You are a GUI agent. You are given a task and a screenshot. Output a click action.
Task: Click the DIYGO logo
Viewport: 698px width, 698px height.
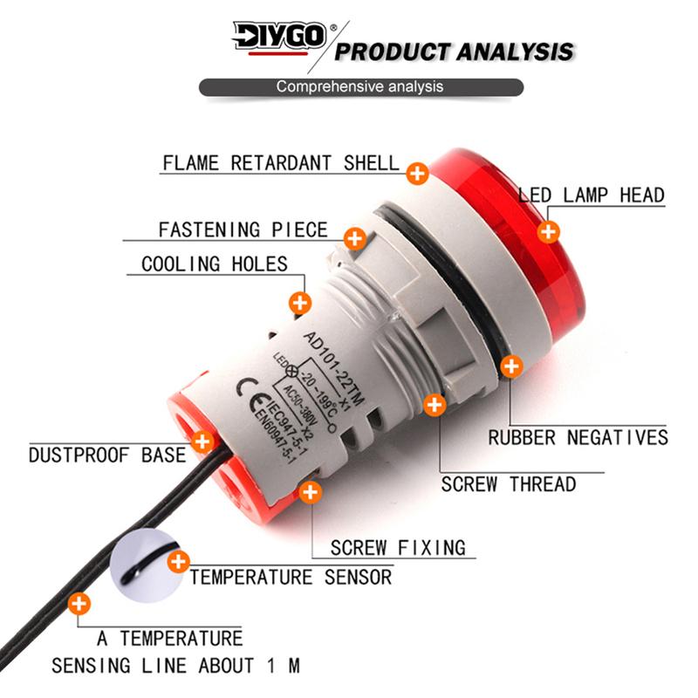pyautogui.click(x=279, y=38)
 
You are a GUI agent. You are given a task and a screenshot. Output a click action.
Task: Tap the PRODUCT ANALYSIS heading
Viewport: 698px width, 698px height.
pyautogui.click(x=454, y=51)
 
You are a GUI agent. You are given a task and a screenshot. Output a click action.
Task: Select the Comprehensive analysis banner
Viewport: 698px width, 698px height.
pyautogui.click(x=361, y=86)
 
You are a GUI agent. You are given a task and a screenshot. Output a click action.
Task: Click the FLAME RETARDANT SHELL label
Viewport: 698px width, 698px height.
pyautogui.click(x=281, y=163)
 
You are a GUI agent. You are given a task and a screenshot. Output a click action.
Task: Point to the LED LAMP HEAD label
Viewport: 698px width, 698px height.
pyautogui.click(x=592, y=195)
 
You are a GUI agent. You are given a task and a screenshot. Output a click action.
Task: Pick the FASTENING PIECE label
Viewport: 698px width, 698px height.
pyautogui.click(x=243, y=229)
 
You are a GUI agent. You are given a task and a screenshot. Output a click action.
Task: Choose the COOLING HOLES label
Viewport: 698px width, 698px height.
pyautogui.click(x=215, y=264)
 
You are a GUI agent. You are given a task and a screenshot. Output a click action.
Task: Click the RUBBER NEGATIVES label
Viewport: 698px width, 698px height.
pyautogui.click(x=578, y=438)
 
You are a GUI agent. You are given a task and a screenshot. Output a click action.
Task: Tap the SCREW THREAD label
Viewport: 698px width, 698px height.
pyautogui.click(x=509, y=484)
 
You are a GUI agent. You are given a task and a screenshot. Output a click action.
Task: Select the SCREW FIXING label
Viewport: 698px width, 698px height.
pyautogui.click(x=398, y=548)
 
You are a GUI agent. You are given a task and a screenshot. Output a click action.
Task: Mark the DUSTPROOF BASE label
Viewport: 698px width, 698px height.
pyautogui.click(x=107, y=455)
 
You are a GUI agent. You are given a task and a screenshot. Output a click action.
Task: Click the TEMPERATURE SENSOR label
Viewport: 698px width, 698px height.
pyautogui.click(x=291, y=578)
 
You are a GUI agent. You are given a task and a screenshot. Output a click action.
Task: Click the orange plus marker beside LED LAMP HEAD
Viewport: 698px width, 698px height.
pyautogui.click(x=549, y=231)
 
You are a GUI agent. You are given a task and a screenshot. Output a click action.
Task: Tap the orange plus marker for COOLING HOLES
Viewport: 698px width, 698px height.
pyautogui.click(x=300, y=303)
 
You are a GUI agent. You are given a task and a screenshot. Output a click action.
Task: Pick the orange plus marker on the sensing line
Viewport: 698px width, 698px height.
pyautogui.click(x=79, y=604)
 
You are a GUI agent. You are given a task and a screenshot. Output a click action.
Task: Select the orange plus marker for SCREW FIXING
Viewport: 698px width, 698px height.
pyautogui.click(x=311, y=492)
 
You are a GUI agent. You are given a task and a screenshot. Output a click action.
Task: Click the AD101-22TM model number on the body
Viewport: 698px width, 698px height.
pyautogui.click(x=334, y=367)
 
